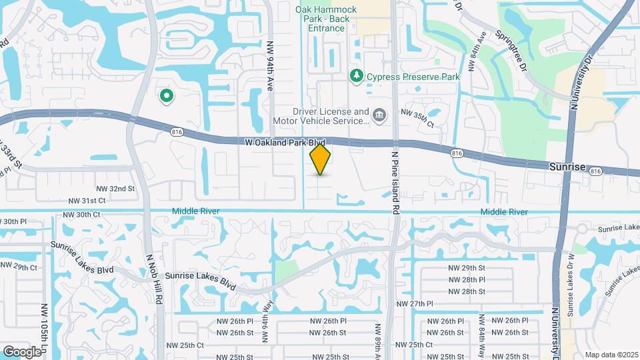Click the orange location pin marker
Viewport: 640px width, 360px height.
[321, 159]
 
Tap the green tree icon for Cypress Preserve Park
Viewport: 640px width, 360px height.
[357, 77]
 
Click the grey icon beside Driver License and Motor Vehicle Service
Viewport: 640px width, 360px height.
[379, 116]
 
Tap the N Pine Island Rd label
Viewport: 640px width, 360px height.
[395, 183]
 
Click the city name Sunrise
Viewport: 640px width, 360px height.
[567, 165]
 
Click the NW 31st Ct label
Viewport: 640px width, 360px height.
[87, 201]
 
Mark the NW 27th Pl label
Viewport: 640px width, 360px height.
[415, 303]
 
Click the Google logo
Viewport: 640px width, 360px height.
[22, 351]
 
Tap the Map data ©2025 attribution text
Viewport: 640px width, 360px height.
[611, 354]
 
